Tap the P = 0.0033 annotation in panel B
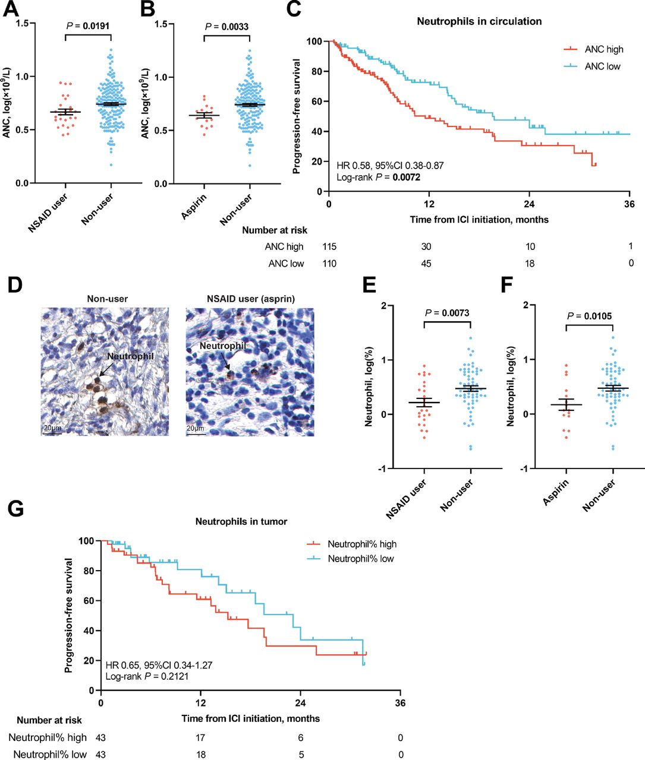tap(226, 27)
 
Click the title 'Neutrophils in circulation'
tap(479, 21)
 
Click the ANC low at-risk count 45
tap(426, 263)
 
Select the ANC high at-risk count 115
tap(329, 246)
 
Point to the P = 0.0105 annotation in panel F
tap(589, 316)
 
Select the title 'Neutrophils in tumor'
tap(241, 521)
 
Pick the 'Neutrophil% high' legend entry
tap(362, 544)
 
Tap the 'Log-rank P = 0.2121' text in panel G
tap(147, 676)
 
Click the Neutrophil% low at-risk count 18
tap(202, 754)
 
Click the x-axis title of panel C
tap(479, 220)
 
